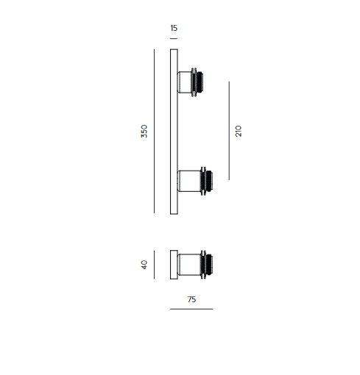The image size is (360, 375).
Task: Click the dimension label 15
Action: click(174, 28)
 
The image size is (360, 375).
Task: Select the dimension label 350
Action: click(144, 131)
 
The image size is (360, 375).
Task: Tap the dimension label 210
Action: click(239, 131)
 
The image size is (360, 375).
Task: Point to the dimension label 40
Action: click(144, 265)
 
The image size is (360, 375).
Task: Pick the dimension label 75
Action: click(191, 299)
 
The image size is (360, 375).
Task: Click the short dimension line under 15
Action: click(174, 38)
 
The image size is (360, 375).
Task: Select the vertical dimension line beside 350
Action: click(154, 131)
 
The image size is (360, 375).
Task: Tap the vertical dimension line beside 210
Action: click(229, 131)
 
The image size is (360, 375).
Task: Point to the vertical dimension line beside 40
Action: click(154, 265)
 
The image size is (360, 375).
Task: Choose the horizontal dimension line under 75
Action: click(191, 309)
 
